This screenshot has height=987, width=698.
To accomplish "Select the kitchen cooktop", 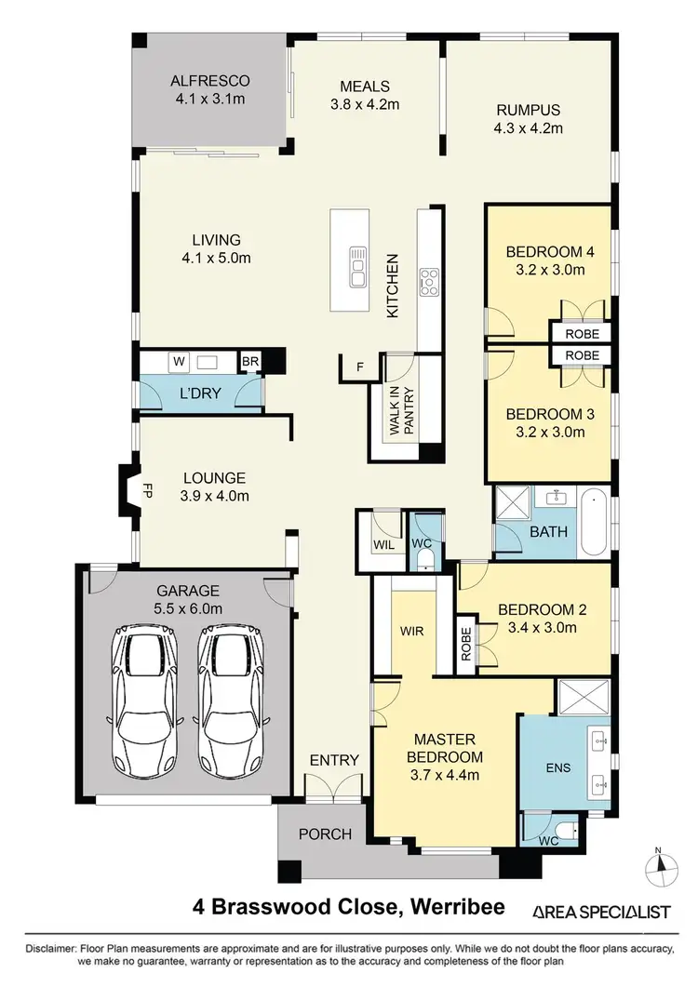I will (429, 280).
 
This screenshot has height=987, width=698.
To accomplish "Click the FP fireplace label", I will (146, 487).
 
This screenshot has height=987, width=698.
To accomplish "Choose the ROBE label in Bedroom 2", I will (466, 642).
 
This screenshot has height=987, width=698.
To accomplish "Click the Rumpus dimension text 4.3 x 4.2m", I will (529, 128).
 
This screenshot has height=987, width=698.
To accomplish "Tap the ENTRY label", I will (334, 760).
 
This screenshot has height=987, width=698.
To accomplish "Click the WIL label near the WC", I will (383, 543).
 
